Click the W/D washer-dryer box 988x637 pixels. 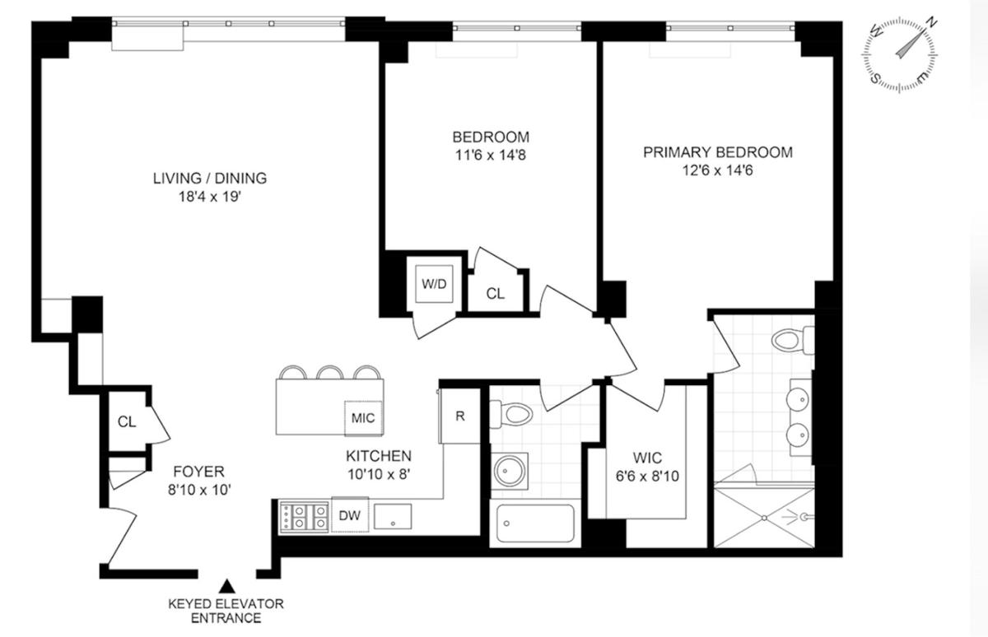pos(434,284)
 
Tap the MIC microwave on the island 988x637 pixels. pos(363,418)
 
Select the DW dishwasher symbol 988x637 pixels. pos(350,515)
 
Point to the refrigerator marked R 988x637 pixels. pos(459,416)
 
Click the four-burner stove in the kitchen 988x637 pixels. pos(305,517)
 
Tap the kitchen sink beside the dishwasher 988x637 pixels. pos(393,516)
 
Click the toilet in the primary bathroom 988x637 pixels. pos(793,340)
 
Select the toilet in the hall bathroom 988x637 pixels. pos(511,414)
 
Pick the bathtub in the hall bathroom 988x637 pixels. pos(535,523)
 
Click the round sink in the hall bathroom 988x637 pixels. pos(510,471)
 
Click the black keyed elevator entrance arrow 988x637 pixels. pos(227,586)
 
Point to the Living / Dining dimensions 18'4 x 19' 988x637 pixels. pos(209,197)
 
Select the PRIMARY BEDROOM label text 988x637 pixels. pos(718,152)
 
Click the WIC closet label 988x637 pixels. pos(647,458)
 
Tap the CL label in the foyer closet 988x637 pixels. pos(127,422)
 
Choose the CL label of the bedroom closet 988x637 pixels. pos(495,294)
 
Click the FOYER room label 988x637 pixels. pos(199,472)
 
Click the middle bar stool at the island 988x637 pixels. pos(330,373)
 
